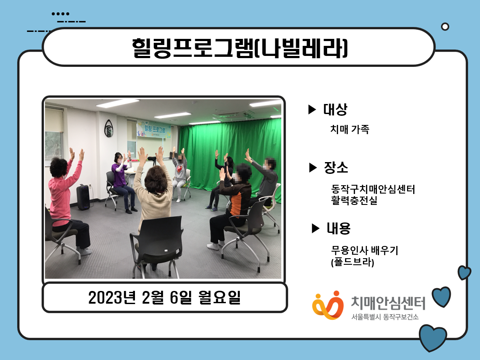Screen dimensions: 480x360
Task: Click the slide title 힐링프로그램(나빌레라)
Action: point(240,48)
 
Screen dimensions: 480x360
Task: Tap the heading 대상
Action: point(335,109)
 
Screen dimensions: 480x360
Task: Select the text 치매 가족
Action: point(349,129)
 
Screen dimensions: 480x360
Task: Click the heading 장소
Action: point(336,167)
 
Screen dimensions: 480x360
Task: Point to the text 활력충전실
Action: point(354,200)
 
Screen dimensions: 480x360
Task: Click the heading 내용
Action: point(338,228)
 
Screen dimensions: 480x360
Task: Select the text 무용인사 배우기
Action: point(364,250)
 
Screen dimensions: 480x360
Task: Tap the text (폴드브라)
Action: point(352,262)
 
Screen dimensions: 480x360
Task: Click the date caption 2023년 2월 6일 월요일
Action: point(164,297)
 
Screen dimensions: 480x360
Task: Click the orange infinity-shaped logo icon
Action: point(328,305)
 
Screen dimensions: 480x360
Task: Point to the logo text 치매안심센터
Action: point(388,303)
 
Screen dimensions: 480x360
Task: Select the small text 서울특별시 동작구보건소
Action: point(385,317)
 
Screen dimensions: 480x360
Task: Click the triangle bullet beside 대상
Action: point(312,109)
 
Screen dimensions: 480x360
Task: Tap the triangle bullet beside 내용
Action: point(315,228)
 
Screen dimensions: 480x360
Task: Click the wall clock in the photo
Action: point(109,128)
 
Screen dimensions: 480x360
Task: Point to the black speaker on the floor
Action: point(83,197)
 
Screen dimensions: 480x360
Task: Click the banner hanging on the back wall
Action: point(154,129)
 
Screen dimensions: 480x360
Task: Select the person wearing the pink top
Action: point(66,202)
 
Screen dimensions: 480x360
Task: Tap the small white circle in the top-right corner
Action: point(445,27)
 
